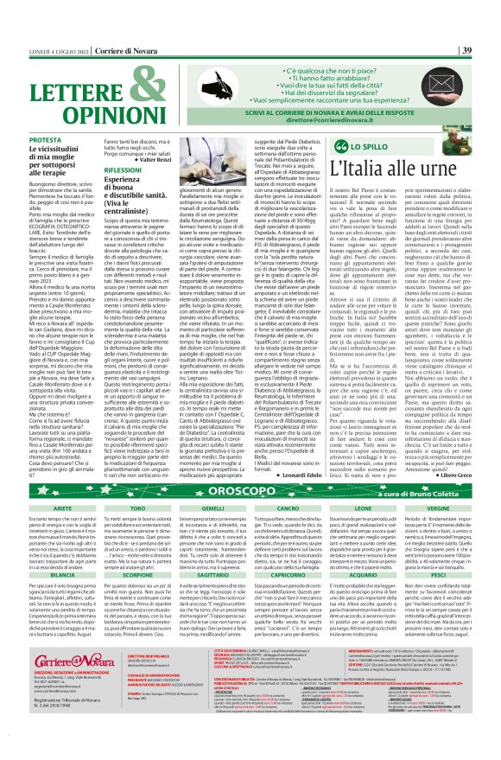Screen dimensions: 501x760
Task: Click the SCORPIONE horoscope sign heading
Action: (x=135, y=597)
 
